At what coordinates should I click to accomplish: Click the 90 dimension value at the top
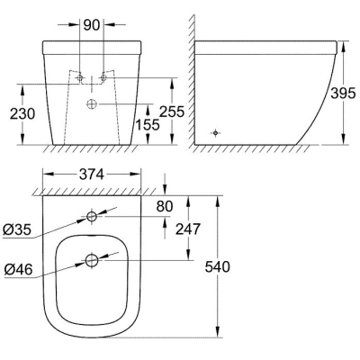92,25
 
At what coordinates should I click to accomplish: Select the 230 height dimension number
22,113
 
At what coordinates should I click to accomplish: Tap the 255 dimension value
171,112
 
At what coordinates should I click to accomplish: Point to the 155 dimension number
148,124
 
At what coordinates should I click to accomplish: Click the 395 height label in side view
343,94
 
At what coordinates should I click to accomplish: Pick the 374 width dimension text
92,175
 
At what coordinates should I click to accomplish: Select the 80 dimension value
165,206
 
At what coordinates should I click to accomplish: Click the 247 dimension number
187,229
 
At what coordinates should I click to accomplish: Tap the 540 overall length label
217,266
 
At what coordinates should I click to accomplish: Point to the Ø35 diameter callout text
17,229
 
